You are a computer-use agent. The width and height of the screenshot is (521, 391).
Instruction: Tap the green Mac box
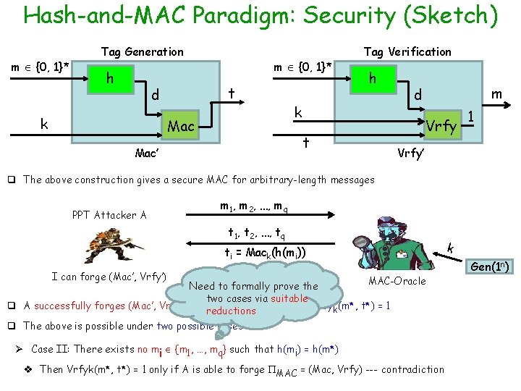click(x=181, y=127)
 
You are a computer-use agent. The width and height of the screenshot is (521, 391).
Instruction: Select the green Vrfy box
click(x=441, y=126)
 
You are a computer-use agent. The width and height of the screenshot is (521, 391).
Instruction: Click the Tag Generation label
click(x=143, y=51)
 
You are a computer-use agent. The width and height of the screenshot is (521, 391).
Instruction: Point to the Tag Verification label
click(x=407, y=51)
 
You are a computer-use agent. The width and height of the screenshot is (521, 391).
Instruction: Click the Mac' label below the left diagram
click(x=148, y=154)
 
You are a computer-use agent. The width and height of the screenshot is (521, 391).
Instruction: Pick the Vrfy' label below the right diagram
click(x=410, y=154)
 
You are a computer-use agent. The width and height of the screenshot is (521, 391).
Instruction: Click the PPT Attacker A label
click(x=110, y=214)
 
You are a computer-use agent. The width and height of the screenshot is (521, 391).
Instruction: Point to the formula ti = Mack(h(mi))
click(x=262, y=252)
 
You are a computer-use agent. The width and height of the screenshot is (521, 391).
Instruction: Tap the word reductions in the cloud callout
click(x=231, y=311)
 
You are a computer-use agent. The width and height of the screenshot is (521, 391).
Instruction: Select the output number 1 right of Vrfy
click(x=470, y=118)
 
